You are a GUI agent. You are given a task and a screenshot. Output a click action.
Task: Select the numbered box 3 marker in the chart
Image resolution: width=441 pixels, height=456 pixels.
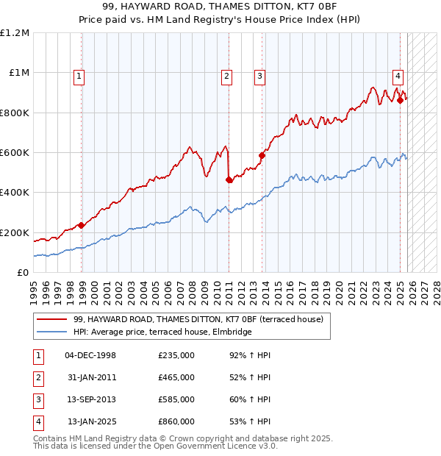pyautogui.click(x=260, y=74)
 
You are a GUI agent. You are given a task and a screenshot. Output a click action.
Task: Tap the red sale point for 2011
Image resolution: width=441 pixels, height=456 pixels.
pyautogui.click(x=229, y=179)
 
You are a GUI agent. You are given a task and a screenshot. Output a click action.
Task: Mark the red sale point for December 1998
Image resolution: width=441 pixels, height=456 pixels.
pyautogui.click(x=81, y=226)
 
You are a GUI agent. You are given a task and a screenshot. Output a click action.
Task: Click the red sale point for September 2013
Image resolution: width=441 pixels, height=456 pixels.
pyautogui.click(x=261, y=155)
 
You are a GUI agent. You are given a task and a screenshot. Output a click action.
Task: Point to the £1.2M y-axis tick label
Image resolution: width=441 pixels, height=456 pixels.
pyautogui.click(x=15, y=33)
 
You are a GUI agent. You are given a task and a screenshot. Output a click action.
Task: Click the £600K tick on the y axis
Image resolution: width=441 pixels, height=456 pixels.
pyautogui.click(x=15, y=153)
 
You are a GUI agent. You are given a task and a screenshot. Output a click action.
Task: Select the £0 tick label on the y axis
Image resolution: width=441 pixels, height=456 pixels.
pyautogui.click(x=24, y=272)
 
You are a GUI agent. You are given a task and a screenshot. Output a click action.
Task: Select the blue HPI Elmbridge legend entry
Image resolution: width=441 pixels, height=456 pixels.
pyautogui.click(x=162, y=332)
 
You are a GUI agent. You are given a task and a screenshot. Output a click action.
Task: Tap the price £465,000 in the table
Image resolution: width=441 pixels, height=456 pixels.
pyautogui.click(x=176, y=377)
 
